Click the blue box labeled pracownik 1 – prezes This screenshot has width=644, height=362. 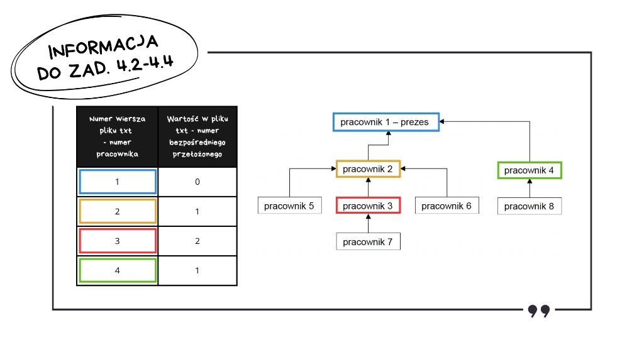click(386, 122)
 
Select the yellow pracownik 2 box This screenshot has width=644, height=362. click(368, 168)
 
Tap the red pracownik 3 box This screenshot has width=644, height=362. click(368, 206)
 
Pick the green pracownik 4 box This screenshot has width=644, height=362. click(530, 170)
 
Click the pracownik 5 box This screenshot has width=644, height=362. click(289, 206)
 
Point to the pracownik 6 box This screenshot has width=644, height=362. click(447, 206)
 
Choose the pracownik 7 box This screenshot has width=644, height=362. click(368, 241)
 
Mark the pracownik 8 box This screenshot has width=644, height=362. click(530, 206)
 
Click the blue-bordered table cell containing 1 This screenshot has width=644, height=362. click(118, 182)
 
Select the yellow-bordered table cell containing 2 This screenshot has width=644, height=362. click(118, 211)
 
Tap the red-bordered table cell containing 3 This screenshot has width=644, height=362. click(118, 241)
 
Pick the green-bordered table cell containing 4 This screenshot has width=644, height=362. click(118, 270)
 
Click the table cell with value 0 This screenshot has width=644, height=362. click(197, 182)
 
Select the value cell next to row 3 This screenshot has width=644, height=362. click(197, 241)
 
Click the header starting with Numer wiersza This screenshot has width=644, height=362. click(118, 136)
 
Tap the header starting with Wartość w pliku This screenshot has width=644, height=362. click(197, 136)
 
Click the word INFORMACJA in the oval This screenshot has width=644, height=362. click(103, 47)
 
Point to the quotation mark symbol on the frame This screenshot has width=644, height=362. click(539, 311)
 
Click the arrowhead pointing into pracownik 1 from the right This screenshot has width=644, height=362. click(441, 121)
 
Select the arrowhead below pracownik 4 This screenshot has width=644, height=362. click(530, 181)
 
